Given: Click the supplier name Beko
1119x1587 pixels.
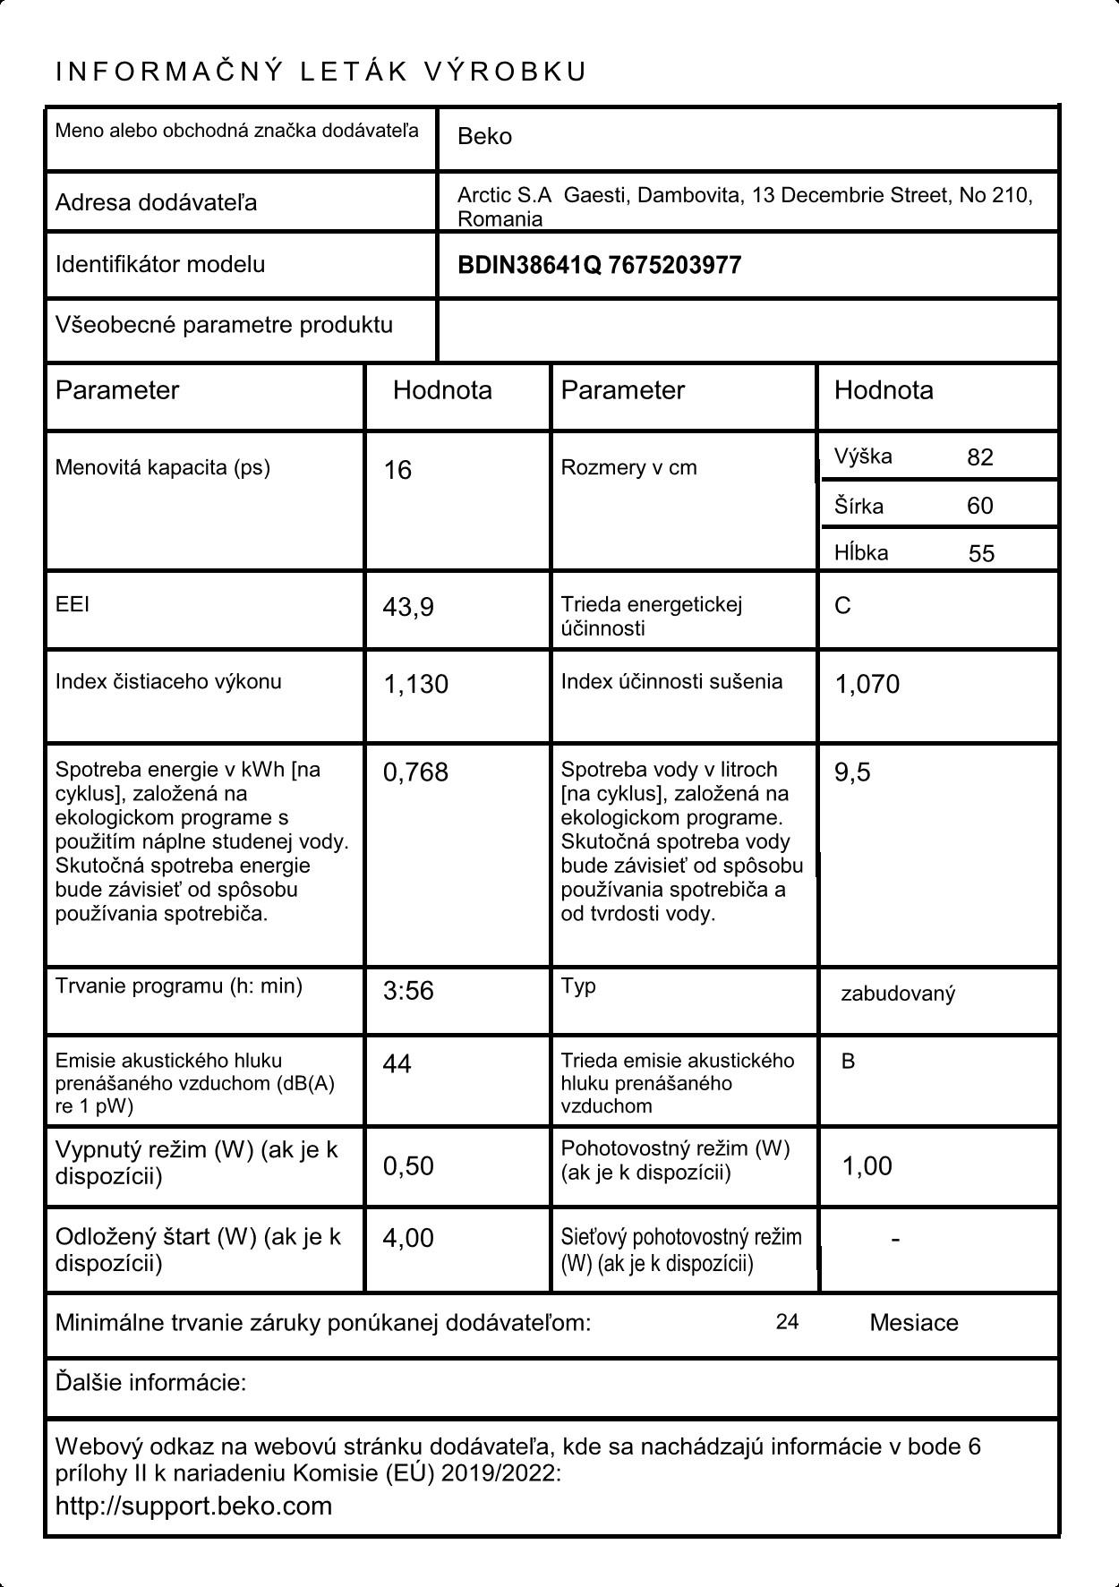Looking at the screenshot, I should [484, 137].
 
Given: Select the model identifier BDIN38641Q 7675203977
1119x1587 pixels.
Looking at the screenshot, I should [599, 266].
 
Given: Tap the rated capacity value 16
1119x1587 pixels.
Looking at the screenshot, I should [397, 471].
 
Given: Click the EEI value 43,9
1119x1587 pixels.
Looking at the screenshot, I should [408, 608].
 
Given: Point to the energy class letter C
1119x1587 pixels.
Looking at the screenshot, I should [842, 607].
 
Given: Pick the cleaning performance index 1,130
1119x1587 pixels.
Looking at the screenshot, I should [415, 685].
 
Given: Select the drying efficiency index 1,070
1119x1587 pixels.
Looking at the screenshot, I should [867, 685].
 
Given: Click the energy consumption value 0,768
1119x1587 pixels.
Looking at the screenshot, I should [415, 772].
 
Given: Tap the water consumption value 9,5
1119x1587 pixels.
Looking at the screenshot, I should [852, 772].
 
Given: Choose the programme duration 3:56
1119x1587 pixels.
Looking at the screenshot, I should [408, 992].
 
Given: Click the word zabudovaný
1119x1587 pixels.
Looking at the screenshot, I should [898, 994].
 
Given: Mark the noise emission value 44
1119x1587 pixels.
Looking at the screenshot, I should [397, 1064].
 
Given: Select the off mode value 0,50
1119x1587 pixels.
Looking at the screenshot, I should [408, 1166].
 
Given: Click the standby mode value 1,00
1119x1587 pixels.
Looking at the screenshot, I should [867, 1166].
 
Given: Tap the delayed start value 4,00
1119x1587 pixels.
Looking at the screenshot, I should [408, 1239].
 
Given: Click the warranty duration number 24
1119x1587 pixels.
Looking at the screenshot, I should [787, 1323].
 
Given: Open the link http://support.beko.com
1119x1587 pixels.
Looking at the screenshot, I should [193, 1506].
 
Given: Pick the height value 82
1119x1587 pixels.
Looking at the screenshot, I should [980, 458].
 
